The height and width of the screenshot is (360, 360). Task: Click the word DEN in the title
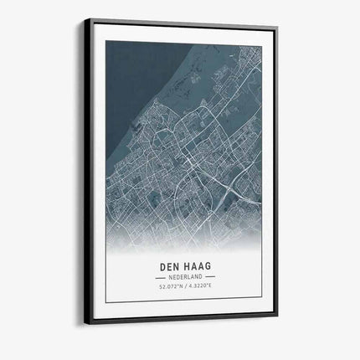(x=167, y=269)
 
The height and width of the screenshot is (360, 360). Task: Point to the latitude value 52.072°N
(x=168, y=289)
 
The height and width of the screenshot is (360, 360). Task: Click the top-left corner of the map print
(x=106, y=40)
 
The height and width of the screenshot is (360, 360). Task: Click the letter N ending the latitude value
(x=177, y=289)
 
